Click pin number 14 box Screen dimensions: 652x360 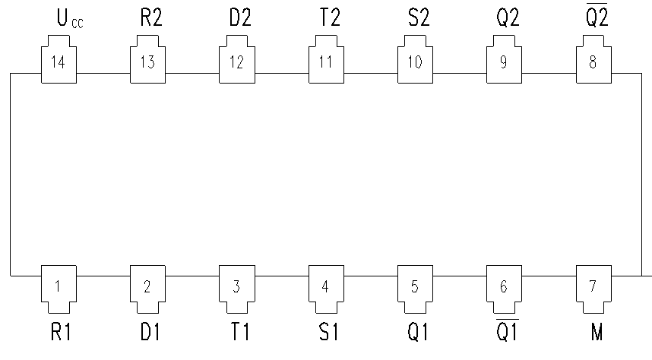click(x=59, y=59)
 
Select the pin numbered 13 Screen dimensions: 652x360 click(x=147, y=59)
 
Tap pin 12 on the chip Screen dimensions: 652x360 click(x=237, y=59)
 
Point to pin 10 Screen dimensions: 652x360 click(x=415, y=59)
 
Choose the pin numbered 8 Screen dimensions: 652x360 click(x=593, y=59)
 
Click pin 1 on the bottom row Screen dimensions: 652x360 click(x=59, y=289)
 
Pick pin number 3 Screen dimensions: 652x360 click(x=237, y=289)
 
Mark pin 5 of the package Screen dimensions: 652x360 click(x=415, y=289)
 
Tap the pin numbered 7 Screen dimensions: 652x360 click(x=593, y=289)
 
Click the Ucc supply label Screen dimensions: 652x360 click(x=70, y=18)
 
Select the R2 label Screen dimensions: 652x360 click(x=151, y=17)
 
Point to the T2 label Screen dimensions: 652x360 click(x=330, y=17)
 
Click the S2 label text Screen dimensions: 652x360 click(x=418, y=17)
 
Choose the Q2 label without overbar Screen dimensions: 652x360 click(x=508, y=17)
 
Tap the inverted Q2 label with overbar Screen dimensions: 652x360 click(x=597, y=15)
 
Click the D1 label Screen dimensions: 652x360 click(x=150, y=332)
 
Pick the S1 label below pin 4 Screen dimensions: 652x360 click(x=328, y=332)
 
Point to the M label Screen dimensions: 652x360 click(x=597, y=332)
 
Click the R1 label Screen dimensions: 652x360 click(x=61, y=332)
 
